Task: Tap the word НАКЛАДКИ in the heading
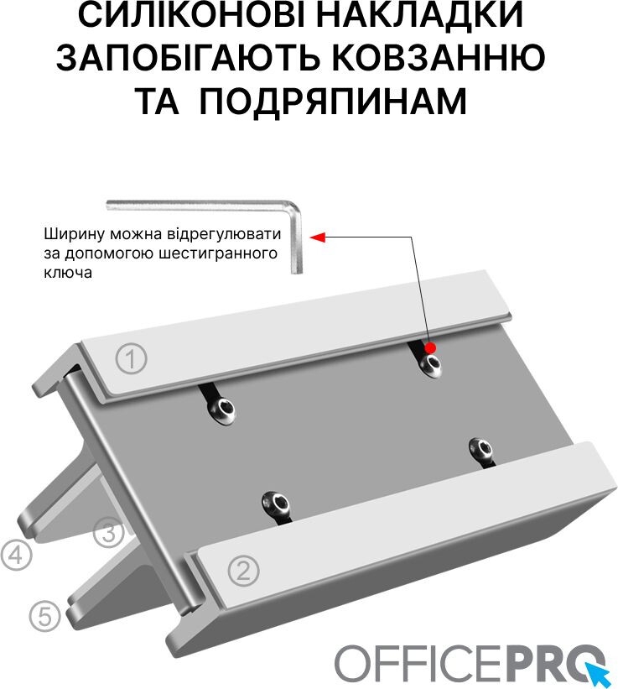click(x=419, y=15)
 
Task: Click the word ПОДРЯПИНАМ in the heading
click(x=333, y=101)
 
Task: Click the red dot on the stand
click(x=430, y=348)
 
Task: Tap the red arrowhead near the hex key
click(x=317, y=237)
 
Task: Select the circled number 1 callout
click(x=132, y=358)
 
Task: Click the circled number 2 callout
click(x=244, y=570)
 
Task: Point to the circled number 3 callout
click(x=108, y=532)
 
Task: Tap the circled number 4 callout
click(x=16, y=556)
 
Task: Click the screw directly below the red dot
click(x=430, y=365)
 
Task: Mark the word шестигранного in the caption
click(x=218, y=253)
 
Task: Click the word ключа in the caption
click(x=68, y=273)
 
